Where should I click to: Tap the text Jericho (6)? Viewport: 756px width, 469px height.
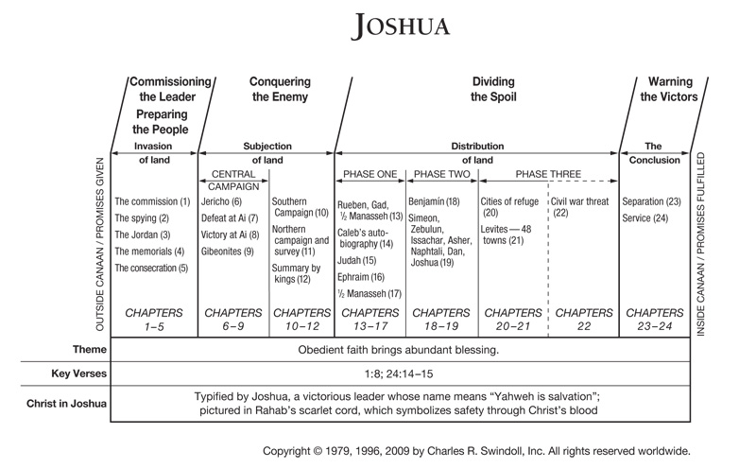(223, 202)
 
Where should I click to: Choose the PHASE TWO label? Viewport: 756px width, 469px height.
(441, 174)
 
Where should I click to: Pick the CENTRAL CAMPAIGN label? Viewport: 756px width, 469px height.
(233, 181)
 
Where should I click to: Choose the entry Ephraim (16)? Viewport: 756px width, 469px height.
(361, 277)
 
